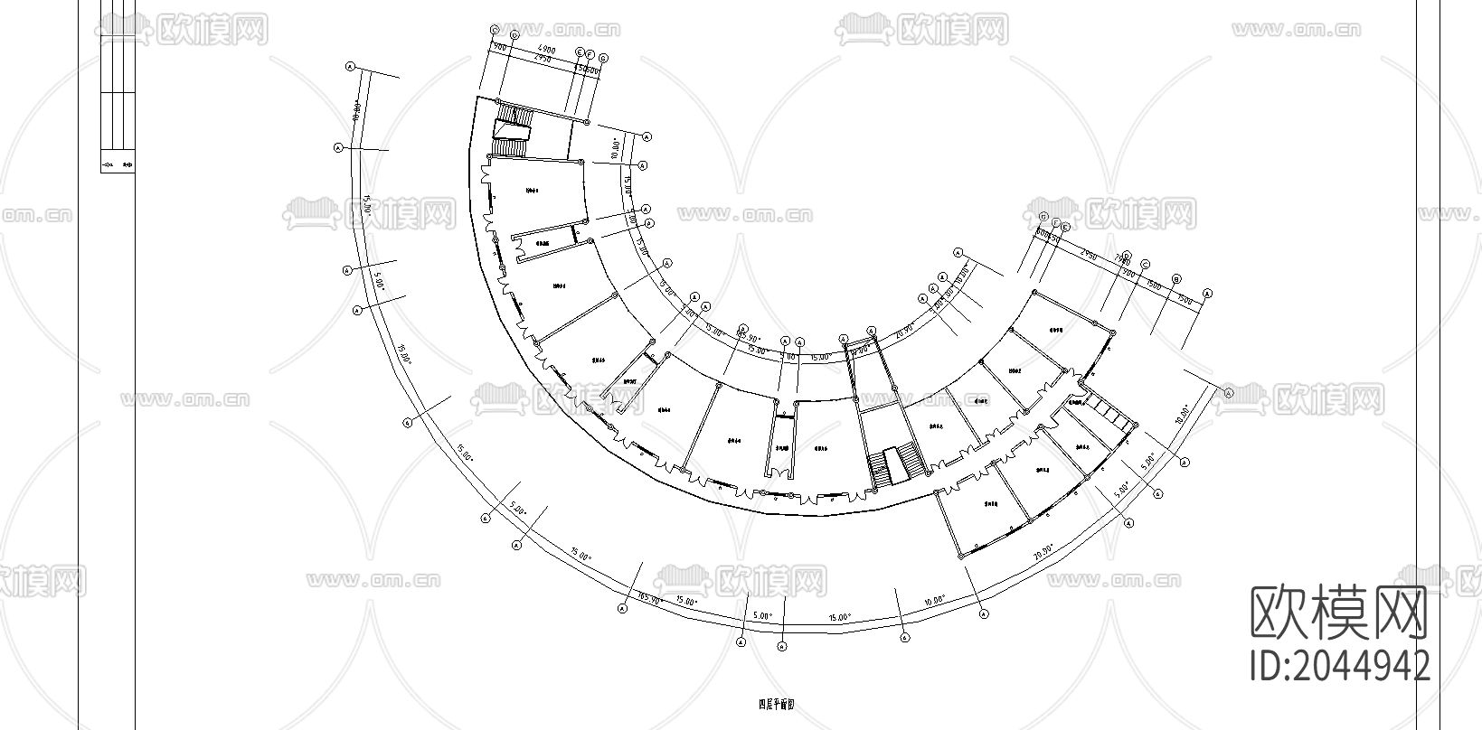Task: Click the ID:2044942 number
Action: click(x=1339, y=666)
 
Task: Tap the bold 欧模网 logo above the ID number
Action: click(x=1339, y=612)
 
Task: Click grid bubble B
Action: click(x=1175, y=279)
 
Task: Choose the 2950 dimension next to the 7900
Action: click(x=1089, y=256)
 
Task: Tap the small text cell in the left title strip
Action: click(x=117, y=164)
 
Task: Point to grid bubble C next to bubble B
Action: click(x=1145, y=265)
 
